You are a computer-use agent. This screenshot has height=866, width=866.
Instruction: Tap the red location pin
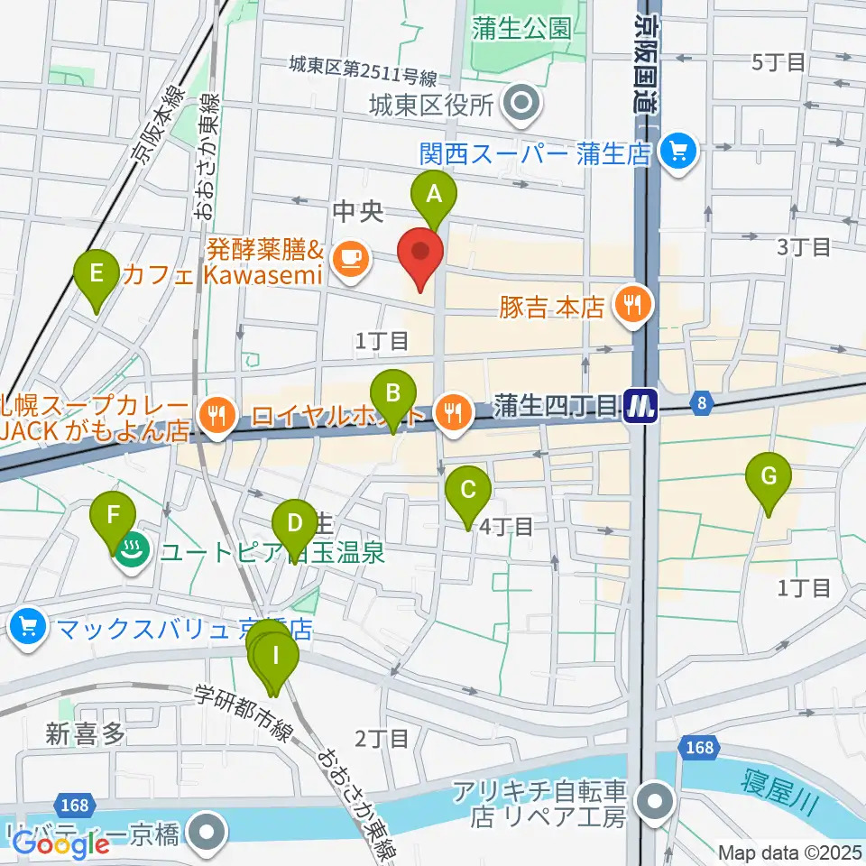pos(420,257)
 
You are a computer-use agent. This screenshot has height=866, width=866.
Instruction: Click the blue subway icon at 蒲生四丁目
pos(640,407)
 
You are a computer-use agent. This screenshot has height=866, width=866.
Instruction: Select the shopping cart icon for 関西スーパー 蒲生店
pos(677,150)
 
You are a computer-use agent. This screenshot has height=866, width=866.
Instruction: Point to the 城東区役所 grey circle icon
pos(521,105)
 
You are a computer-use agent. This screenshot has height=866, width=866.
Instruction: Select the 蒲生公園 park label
pos(521,28)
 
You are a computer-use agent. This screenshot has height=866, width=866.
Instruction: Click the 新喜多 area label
pos(86,733)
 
